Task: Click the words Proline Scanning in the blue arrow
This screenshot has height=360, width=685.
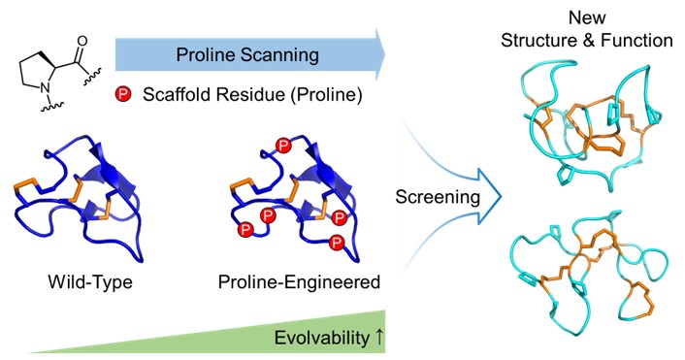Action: [247, 55]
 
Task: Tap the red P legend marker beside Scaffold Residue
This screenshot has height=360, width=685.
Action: [123, 94]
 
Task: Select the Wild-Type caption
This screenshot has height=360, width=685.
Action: [90, 281]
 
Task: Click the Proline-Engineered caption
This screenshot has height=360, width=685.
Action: [299, 282]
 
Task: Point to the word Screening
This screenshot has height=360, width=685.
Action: [438, 198]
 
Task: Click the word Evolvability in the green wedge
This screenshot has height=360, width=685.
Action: [322, 338]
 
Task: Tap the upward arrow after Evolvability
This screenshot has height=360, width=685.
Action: [378, 338]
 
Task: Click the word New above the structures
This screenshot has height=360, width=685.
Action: [587, 17]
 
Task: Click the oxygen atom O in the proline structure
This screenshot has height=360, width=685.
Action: [82, 42]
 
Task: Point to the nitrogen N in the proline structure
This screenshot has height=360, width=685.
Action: [45, 88]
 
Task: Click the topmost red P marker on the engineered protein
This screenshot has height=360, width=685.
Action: [284, 145]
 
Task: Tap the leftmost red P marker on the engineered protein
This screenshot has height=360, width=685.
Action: [245, 229]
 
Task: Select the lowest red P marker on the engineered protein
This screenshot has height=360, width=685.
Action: [337, 243]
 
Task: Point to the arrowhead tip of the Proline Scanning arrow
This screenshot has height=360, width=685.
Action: [385, 55]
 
